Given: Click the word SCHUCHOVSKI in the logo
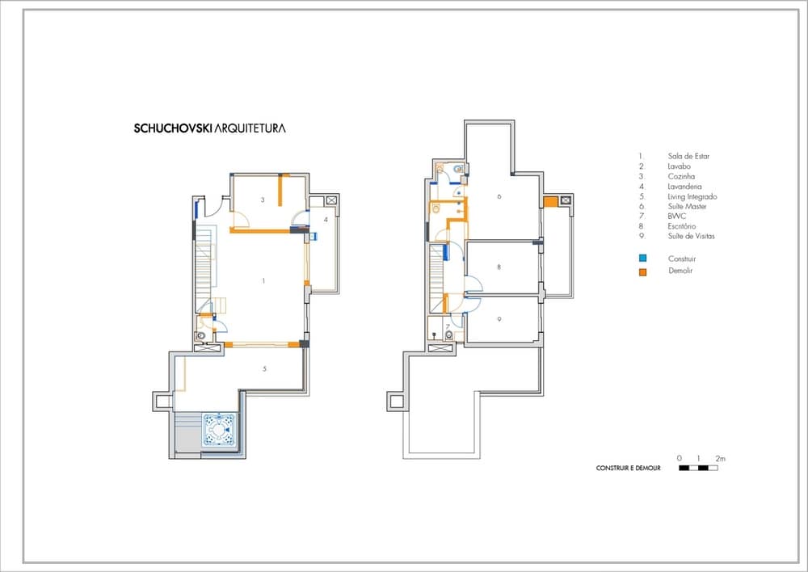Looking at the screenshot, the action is click(x=173, y=128).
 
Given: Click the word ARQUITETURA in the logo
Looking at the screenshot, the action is click(x=250, y=128).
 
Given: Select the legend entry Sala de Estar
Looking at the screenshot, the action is click(x=688, y=156).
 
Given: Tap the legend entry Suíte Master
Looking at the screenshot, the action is click(x=687, y=206).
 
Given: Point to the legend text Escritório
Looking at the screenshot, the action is click(x=682, y=226).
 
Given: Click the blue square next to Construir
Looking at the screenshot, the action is click(x=642, y=259).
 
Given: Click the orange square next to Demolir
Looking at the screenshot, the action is click(x=642, y=271).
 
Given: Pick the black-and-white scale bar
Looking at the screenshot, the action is click(x=698, y=468).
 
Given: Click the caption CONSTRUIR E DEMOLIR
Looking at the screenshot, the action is click(x=628, y=469).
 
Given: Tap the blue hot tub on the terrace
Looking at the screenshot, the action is click(x=219, y=429).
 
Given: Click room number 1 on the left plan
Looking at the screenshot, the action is click(x=264, y=281).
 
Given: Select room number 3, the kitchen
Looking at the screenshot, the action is click(x=263, y=200).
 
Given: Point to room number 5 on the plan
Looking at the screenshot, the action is click(x=264, y=368).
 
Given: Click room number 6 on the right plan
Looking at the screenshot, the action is click(x=499, y=196).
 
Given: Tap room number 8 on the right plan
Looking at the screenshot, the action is click(x=499, y=267).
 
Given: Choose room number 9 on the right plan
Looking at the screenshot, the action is click(x=499, y=319).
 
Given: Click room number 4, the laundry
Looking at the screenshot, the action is click(x=326, y=220).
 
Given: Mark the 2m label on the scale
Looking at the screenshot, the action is click(x=721, y=458).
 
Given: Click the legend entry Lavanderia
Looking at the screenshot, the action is click(x=684, y=187).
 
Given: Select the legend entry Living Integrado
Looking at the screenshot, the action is click(x=692, y=196).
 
